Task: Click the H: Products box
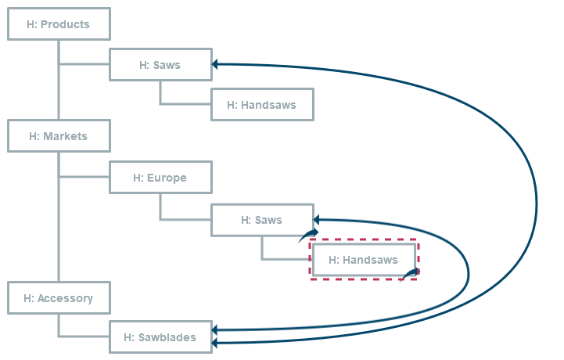59,24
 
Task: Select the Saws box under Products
160,65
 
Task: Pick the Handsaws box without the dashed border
262,105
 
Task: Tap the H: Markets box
59,136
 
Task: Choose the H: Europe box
160,178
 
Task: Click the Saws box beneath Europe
262,220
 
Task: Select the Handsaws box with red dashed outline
364,260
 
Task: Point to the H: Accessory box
59,298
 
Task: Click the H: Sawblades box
160,337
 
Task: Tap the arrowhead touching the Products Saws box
217,65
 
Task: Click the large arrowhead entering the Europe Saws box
318,220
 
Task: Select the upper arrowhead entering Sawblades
217,331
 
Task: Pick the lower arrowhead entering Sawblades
217,343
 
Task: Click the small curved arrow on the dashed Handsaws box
410,274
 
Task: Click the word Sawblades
170,337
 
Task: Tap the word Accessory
66,298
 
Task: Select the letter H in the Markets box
33,136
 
